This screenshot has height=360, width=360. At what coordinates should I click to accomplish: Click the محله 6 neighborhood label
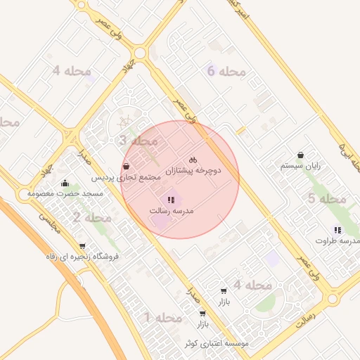226,71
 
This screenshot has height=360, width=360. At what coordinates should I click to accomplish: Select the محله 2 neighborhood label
91,218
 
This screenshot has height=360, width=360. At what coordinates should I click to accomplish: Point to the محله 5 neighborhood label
327,199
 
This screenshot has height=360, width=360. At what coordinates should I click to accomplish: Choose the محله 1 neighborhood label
163,319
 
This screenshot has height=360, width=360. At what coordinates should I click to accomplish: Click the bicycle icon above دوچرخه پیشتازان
193,160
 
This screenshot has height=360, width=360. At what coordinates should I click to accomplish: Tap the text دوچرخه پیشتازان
193,171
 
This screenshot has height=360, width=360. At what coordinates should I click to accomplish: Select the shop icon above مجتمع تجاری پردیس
126,167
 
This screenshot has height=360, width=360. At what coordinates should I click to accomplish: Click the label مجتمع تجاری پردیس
126,178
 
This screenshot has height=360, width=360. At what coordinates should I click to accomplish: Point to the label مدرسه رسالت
172,211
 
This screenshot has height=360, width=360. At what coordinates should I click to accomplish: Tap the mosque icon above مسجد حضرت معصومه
65,183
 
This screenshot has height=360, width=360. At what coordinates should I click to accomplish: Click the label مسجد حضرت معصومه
65,193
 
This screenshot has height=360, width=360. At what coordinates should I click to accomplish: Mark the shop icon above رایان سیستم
301,155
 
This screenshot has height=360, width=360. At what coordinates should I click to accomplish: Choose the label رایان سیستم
300,166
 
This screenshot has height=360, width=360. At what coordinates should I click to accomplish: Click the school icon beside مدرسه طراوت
338,230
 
